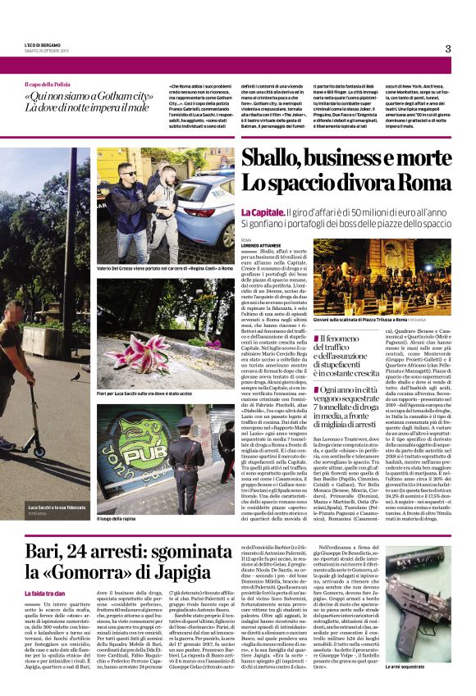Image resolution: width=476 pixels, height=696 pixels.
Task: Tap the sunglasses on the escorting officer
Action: [x=129, y=174]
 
